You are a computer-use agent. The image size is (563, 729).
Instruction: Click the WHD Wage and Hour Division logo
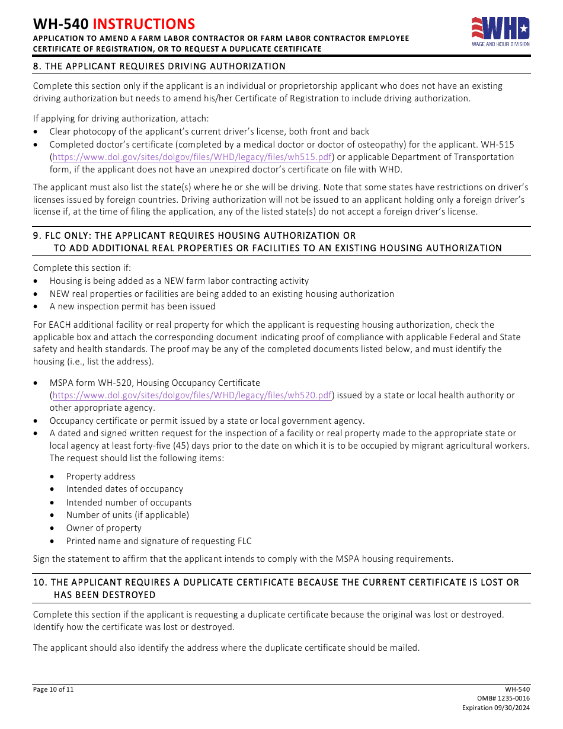[500, 32]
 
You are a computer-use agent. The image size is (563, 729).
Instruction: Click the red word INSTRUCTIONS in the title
[144, 24]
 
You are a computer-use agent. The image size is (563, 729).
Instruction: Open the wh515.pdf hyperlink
[193, 157]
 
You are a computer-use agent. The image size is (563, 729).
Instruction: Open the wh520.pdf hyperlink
[193, 395]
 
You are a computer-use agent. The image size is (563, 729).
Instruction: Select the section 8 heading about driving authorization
[159, 66]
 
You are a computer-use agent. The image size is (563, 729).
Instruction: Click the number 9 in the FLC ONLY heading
[36, 235]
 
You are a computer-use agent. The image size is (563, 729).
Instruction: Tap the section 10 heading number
[39, 582]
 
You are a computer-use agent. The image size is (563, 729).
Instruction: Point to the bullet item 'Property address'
[101, 477]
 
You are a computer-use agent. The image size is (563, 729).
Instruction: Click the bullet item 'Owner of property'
[104, 528]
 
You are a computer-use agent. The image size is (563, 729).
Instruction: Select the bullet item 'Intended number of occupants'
[129, 503]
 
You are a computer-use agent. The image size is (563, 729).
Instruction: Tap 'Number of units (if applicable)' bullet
[127, 515]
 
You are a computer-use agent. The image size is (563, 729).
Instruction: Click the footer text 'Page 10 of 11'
[53, 689]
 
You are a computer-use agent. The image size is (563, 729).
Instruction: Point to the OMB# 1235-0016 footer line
[507, 699]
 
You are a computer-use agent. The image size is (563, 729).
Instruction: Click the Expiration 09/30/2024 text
[496, 708]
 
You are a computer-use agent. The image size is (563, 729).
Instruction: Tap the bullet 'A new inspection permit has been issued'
[132, 306]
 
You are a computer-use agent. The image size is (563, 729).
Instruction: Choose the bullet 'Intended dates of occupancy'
[124, 489]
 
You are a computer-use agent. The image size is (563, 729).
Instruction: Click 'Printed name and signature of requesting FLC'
[159, 541]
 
